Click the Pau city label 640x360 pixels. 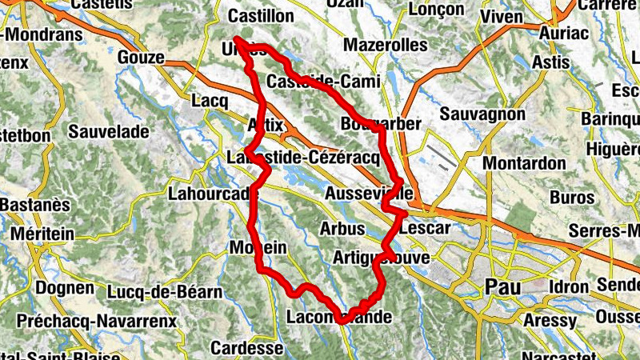504,286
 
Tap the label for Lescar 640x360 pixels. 425,228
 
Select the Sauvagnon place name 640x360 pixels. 482,114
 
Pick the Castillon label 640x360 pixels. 261,16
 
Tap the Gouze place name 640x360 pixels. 140,58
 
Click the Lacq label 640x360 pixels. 210,102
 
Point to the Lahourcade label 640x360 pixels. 213,193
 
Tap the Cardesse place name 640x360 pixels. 247,349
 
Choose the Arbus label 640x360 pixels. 342,228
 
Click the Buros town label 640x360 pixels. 573,197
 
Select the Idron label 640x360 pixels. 570,286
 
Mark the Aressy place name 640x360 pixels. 550,321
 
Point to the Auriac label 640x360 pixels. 564,33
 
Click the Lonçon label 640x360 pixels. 436,10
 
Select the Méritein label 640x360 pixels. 43,233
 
